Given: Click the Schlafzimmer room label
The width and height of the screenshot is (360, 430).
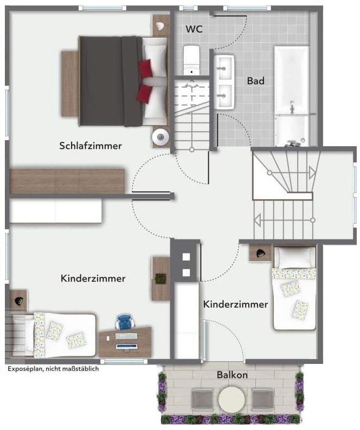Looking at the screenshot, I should point(91,146).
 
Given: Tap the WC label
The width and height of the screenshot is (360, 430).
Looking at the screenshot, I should point(194,29).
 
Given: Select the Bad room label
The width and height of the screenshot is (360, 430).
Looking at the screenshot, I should point(255,81).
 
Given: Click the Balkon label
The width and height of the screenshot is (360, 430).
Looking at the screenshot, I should point(232,375).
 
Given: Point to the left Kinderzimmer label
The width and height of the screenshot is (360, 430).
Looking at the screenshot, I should point(93,278).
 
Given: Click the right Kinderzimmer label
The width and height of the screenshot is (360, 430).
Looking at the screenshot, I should point(235,304).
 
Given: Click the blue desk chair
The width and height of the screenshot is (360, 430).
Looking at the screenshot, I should point(124,322).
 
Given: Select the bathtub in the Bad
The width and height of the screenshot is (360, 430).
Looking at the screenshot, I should point(291,95).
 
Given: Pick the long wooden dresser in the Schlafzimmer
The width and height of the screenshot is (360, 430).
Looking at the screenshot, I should point(68,181).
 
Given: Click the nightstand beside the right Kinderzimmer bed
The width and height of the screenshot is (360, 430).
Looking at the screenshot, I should point(260,253).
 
